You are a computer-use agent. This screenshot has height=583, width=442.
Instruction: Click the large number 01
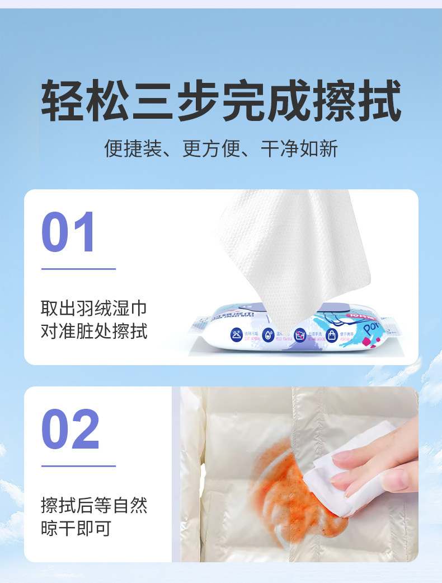click(x=69, y=232)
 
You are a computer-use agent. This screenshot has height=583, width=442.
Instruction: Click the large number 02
click(x=70, y=430)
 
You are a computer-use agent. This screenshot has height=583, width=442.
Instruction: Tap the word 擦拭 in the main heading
click(x=357, y=101)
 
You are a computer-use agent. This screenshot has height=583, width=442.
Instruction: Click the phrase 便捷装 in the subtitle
click(x=133, y=149)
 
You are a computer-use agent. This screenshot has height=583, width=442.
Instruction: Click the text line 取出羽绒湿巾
click(x=94, y=308)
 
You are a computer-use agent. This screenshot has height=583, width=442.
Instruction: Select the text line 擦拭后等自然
click(x=94, y=505)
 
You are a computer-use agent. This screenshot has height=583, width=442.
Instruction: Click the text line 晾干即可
click(x=76, y=528)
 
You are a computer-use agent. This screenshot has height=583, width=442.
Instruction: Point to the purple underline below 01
click(x=78, y=269)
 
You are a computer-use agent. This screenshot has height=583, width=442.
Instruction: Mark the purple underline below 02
click(x=78, y=465)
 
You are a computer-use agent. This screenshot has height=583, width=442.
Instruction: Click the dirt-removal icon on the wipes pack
click(x=237, y=335)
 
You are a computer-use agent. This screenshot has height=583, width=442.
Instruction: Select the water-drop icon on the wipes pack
click(x=268, y=335)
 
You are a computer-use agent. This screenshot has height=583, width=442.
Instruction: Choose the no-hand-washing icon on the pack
click(x=300, y=335)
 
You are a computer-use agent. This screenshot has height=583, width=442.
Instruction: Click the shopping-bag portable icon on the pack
click(x=331, y=335)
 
